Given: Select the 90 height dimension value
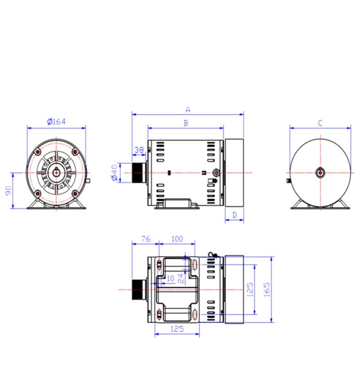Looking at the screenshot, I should click(x=8, y=191).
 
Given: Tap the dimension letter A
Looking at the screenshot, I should click(x=188, y=109).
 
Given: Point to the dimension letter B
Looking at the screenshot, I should click(x=186, y=122).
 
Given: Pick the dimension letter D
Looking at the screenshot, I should click(x=235, y=214).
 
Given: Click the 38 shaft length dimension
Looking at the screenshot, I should click(x=139, y=150).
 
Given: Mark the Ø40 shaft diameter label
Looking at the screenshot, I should click(x=114, y=172).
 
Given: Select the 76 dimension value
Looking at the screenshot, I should click(x=145, y=239).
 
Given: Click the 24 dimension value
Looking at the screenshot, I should click(x=181, y=278).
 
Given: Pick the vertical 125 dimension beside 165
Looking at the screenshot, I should click(x=250, y=289).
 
